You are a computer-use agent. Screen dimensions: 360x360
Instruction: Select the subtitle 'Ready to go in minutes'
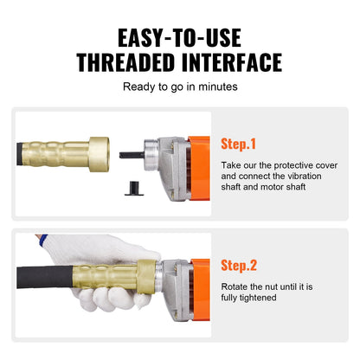(x=179, y=87)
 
